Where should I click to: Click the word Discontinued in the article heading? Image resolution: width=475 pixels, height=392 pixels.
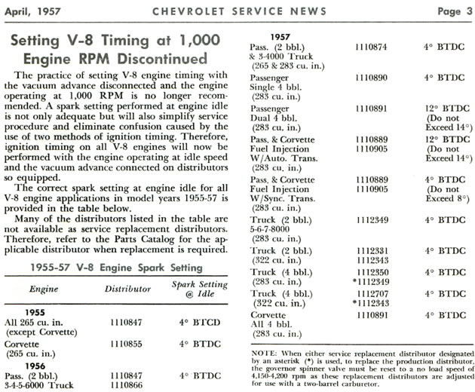(x=166, y=58)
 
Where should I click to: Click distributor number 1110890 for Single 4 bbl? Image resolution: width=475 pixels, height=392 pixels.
(x=375, y=77)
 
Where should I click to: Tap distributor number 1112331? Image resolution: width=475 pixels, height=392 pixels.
(x=375, y=250)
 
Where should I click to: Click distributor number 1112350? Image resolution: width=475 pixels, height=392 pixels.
(x=375, y=271)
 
